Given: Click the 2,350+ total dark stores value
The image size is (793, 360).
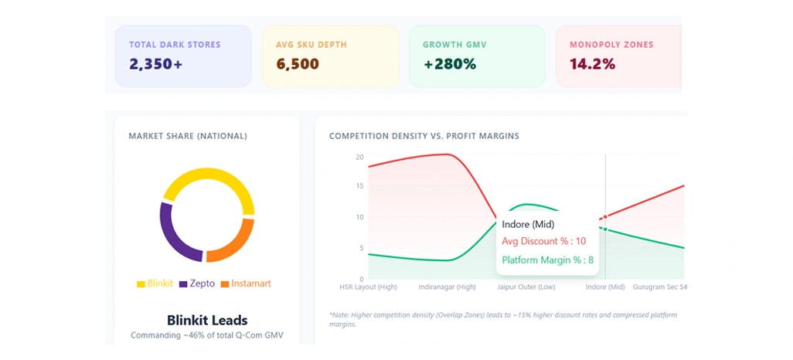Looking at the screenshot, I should [155, 64].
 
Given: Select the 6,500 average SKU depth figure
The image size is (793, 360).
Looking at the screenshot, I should [297, 64].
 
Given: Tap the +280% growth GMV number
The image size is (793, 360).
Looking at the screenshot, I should [449, 64].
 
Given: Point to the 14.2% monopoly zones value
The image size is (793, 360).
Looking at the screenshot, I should [592, 64].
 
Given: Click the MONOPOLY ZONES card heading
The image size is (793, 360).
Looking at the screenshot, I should [611, 45].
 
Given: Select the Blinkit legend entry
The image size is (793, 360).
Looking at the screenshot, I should [155, 284].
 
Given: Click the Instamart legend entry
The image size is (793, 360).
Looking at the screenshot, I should [246, 284].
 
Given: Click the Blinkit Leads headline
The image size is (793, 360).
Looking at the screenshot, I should [207, 320].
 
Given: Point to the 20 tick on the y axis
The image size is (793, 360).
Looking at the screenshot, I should [359, 157].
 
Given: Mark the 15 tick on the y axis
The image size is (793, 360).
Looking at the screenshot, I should [359, 186].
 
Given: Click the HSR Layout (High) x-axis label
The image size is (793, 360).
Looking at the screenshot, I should [368, 287].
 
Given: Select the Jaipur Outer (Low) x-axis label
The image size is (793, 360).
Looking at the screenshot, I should [526, 287].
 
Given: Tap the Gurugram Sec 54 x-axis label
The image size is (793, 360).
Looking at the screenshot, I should [660, 287].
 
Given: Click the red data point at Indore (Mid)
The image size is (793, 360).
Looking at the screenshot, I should [605, 217].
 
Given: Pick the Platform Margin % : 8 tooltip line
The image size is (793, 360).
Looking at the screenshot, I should [547, 260].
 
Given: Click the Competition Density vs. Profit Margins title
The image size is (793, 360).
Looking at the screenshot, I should [424, 136].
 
